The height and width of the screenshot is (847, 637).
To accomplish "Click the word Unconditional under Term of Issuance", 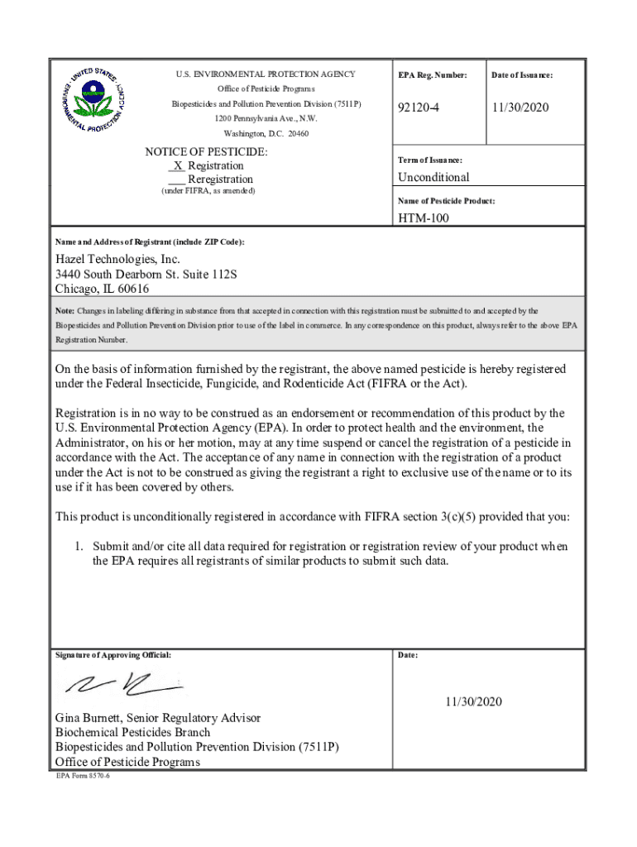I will [433, 177].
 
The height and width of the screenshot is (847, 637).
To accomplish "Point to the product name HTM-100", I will [424, 218].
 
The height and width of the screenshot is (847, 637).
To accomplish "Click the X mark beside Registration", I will [178, 165].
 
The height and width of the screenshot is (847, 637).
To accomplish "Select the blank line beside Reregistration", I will [175, 179].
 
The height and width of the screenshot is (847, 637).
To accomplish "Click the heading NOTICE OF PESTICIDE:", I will [206, 152].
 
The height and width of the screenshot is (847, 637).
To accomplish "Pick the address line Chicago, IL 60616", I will [102, 289].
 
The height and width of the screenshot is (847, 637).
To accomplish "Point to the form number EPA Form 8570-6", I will [83, 778].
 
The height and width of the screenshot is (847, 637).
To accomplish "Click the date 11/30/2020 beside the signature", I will [472, 702].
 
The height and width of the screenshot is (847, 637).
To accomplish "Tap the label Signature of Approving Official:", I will [113, 655].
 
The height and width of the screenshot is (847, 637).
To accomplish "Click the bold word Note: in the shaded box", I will [65, 311].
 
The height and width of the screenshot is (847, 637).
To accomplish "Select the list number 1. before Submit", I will [80, 547].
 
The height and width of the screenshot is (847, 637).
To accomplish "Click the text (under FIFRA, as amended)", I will [207, 191].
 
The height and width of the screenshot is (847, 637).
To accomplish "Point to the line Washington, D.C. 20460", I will [266, 133].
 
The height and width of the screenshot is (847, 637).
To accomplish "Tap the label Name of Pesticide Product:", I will [446, 201].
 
